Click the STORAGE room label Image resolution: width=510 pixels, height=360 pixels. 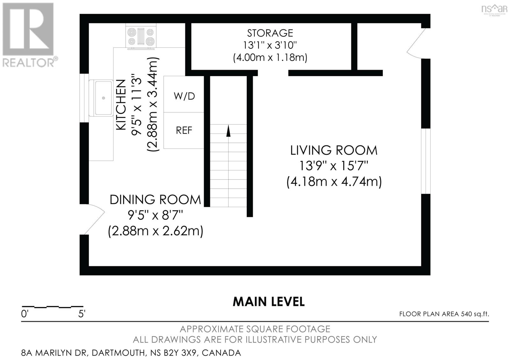pos(270,33)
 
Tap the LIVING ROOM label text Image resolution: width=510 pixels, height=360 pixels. pos(334,150)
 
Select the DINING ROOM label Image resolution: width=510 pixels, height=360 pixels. pos(155,199)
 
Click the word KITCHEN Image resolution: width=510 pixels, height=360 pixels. pos(121,105)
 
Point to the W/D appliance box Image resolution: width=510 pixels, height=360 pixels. pos(184,94)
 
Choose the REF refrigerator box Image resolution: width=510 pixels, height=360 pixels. pos(184,130)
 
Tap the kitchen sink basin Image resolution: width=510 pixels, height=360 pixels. pos(101,98)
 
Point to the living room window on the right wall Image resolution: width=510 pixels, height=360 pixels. pos(426,161)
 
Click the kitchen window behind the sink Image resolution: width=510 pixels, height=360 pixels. pos(84,98)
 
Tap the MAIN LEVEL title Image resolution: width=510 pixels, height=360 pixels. pos(269,302)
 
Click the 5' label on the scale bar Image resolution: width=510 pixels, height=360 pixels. pos(82,314)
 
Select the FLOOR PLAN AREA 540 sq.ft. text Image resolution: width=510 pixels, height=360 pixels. pos(444,314)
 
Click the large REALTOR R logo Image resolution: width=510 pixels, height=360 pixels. pos(28,29)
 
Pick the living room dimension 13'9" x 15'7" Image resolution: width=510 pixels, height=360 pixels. pos(334,166)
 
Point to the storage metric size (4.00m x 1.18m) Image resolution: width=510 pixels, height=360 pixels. pos(270,57)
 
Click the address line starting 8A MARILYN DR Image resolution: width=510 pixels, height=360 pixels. pos(131,353)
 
